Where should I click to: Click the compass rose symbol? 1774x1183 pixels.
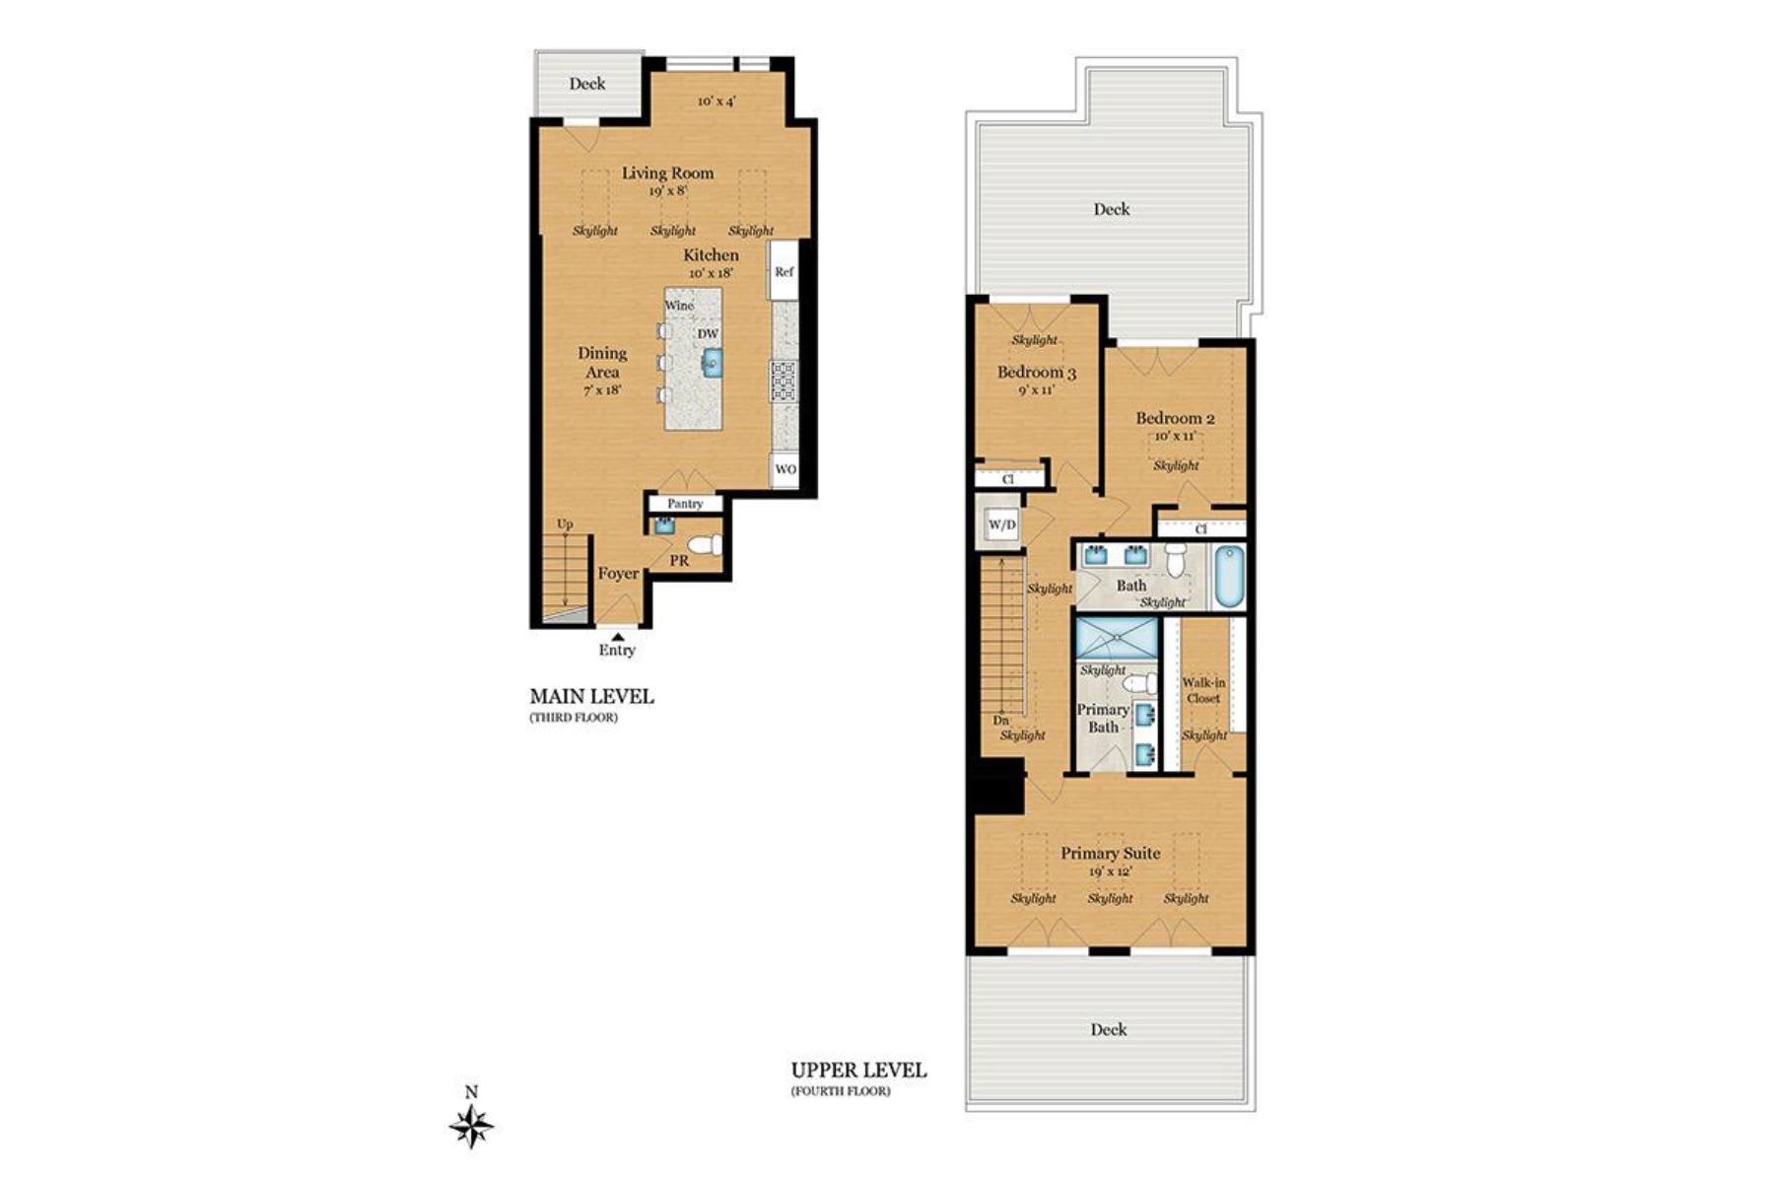click(x=471, y=1126)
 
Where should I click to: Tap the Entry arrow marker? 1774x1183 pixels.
click(x=617, y=637)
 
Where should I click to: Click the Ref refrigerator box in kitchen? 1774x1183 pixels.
click(x=784, y=271)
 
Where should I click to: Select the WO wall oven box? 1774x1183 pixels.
click(x=785, y=469)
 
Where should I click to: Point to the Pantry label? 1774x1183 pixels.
click(x=685, y=504)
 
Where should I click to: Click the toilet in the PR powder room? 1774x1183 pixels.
click(x=704, y=544)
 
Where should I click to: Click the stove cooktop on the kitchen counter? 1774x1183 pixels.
click(x=784, y=381)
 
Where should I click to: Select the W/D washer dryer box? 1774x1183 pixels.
click(x=1001, y=524)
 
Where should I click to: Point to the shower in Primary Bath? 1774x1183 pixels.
click(x=1116, y=637)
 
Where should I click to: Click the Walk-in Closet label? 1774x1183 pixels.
click(x=1203, y=690)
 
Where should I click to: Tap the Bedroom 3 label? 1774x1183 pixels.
click(x=1036, y=372)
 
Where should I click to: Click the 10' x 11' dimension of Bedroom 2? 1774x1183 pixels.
click(x=1175, y=436)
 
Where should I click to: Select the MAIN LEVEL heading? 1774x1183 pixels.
click(x=591, y=696)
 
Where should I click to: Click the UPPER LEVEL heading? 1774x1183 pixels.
click(x=858, y=1071)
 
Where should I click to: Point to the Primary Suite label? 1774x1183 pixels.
click(x=1110, y=853)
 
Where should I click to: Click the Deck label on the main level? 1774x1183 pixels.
click(x=587, y=84)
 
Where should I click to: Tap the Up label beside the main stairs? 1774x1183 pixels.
click(x=565, y=523)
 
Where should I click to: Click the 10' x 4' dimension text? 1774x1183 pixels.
click(x=716, y=102)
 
